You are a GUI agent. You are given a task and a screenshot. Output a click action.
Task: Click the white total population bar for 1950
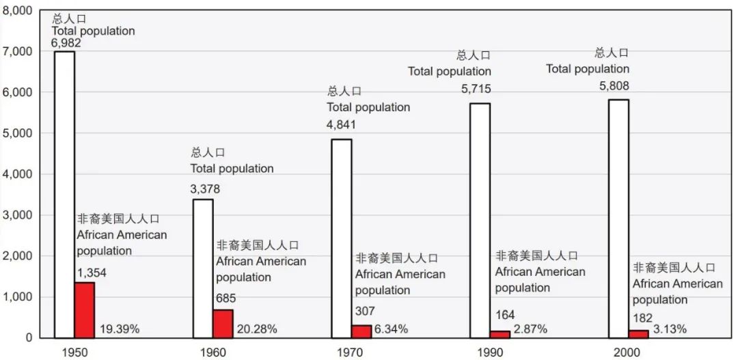pos(64,195)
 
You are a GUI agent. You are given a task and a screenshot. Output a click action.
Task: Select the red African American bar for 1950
pos(85,310)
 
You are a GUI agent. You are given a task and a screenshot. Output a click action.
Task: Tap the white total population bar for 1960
pos(203,268)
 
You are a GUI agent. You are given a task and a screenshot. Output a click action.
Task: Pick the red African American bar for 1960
pos(223,324)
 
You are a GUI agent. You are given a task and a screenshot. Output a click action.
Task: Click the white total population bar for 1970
pos(342,238)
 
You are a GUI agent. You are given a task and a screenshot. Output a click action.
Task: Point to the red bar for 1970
pos(361,331)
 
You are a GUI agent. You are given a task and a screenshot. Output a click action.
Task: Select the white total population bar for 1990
pos(480,221)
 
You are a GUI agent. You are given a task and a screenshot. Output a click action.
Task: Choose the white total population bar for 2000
pos(618,219)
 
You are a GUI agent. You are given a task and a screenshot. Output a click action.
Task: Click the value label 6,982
pos(66,43)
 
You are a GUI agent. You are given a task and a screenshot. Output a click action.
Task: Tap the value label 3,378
pos(205,189)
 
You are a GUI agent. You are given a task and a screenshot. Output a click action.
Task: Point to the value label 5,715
pos(476,89)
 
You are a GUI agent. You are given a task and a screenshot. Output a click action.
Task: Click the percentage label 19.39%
pos(120,329)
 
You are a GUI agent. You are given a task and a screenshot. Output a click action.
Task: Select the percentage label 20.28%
pos(257,329)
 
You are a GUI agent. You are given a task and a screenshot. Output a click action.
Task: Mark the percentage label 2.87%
pos(531,329)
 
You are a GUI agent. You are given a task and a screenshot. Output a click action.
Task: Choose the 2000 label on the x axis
pos(627,352)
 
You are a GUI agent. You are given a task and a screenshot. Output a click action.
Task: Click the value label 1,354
pos(92,273)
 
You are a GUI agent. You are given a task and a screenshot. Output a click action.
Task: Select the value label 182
pos(642,318)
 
